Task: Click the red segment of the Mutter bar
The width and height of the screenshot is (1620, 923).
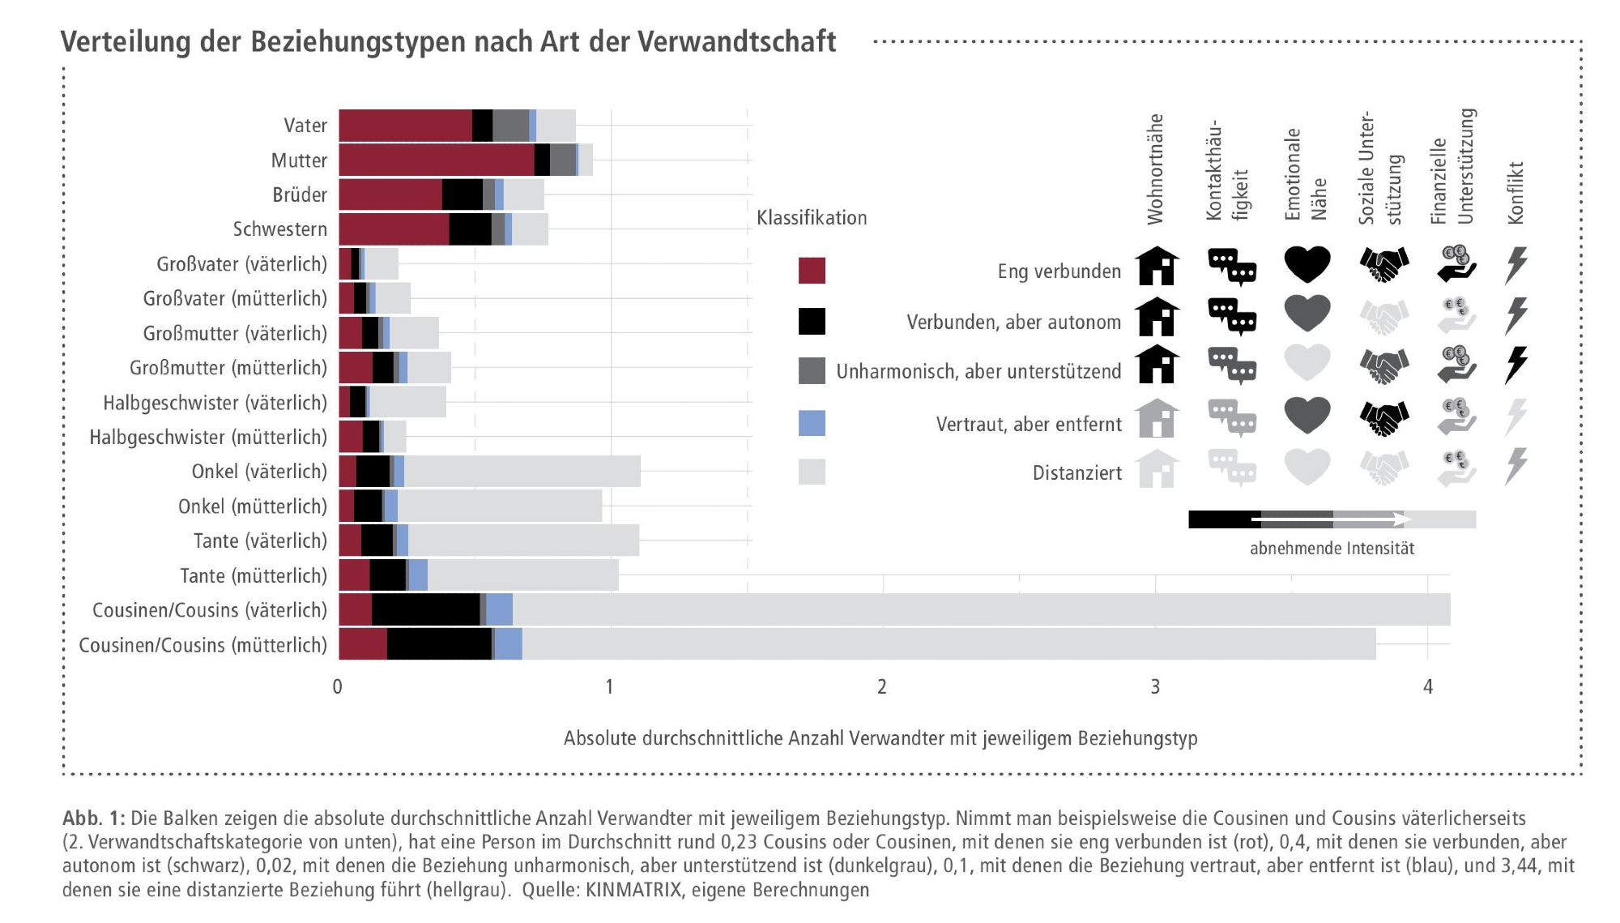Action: pos(437,160)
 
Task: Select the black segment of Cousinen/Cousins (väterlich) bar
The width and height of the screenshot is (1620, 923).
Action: pos(426,609)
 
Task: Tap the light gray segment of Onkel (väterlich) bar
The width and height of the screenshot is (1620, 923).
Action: pos(522,472)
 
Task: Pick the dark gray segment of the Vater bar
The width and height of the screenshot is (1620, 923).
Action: pos(510,126)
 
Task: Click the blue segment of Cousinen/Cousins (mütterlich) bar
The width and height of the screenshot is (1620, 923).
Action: pos(509,644)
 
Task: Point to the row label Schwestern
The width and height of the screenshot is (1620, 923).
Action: pos(279,229)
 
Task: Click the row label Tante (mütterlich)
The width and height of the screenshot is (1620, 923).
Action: pos(253,575)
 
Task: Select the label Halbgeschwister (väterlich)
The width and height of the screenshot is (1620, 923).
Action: pos(215,403)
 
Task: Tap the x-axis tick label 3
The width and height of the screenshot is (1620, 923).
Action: pos(1155,687)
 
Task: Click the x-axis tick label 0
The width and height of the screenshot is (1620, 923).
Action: pos(338,687)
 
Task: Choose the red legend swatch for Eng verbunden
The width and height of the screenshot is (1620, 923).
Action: pos(812,271)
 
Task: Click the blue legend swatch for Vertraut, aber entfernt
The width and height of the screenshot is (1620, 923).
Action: pos(812,423)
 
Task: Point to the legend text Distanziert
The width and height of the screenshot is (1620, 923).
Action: pos(1076,473)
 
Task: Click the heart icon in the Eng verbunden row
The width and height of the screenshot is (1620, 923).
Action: pos(1307,264)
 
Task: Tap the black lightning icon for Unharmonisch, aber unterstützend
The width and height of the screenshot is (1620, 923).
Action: pos(1516,365)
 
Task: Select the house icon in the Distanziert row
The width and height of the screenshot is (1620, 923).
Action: pos(1157,468)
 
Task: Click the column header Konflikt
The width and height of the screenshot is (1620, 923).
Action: pos(1516,193)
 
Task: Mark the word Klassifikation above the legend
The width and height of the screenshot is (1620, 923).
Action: pos(812,218)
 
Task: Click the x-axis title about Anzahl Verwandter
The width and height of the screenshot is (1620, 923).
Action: pos(880,738)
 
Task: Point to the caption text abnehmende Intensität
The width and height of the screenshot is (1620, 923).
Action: pos(1332,549)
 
